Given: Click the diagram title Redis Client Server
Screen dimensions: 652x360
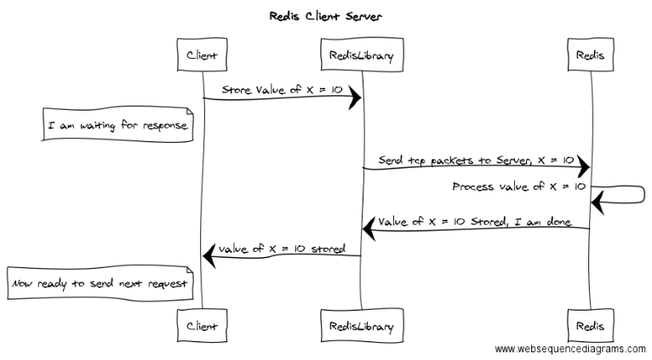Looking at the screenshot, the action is [325, 17].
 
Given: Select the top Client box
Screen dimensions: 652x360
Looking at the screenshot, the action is [202, 54].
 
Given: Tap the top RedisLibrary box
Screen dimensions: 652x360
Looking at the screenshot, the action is [362, 54].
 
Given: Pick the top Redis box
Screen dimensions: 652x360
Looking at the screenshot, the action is [591, 54].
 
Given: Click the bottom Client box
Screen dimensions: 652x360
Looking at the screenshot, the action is [202, 325].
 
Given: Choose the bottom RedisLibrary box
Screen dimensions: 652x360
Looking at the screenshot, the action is [362, 325].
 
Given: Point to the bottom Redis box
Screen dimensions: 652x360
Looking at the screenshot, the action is [591, 325].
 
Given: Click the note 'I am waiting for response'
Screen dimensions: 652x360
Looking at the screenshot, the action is [117, 125].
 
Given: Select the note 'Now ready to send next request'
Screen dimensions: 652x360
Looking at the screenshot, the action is [100, 283].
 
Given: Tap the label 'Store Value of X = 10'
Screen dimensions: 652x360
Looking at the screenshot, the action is [282, 90].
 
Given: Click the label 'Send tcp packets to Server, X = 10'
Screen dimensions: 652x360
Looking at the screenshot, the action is [476, 161].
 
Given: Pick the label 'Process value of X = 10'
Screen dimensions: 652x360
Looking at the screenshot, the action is [519, 186].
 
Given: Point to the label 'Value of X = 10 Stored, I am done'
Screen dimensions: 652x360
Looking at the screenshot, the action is [474, 221].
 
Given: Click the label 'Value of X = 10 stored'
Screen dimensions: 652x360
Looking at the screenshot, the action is [282, 249].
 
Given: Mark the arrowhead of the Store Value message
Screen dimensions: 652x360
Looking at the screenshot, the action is [355, 98].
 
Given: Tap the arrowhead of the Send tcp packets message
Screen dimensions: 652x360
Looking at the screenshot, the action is [583, 168].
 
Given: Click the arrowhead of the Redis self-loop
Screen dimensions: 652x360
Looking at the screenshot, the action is [598, 203].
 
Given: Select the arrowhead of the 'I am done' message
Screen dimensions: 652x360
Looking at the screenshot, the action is [369, 229].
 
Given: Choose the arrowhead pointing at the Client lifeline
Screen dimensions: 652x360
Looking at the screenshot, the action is [209, 256].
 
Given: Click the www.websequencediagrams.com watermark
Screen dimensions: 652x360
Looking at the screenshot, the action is [570, 349].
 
